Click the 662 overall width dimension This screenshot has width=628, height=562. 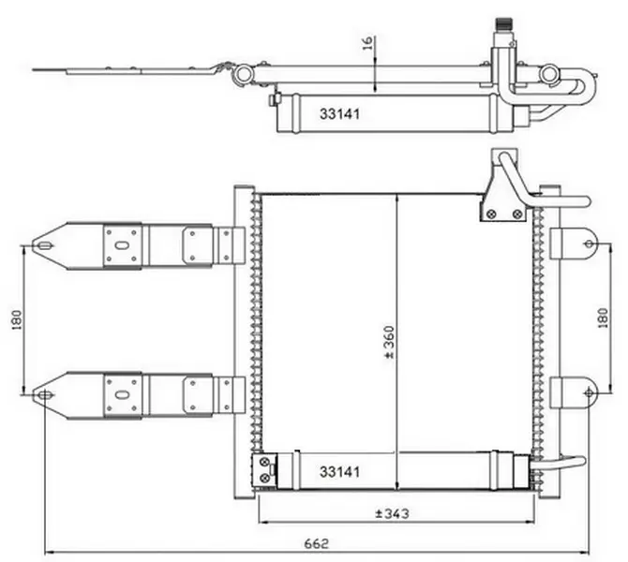point(317,543)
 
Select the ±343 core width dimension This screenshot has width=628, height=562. point(392,513)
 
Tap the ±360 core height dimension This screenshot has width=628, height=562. point(389,342)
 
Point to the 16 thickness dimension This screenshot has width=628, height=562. point(368,43)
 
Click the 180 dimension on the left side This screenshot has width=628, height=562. point(17,319)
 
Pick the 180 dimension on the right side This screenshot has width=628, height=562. point(603,318)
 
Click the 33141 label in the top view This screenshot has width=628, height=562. point(339,114)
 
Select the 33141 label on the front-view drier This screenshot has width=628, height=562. point(339,472)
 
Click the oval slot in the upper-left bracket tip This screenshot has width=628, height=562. point(46,245)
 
